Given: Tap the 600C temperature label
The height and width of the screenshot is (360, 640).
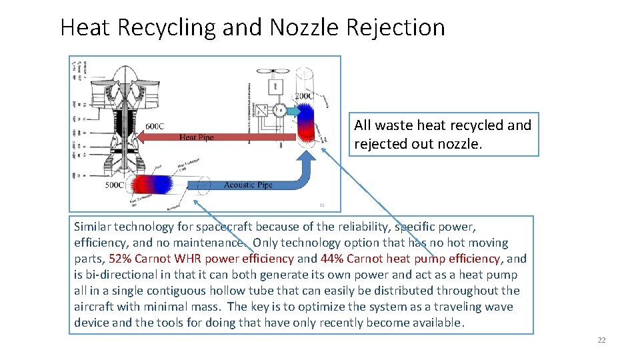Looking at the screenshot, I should [154, 127].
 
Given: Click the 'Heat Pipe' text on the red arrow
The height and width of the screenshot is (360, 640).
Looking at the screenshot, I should [197, 137].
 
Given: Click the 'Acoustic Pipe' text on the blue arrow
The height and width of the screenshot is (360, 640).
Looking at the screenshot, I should [248, 185].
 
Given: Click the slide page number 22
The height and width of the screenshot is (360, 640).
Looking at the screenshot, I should [601, 340].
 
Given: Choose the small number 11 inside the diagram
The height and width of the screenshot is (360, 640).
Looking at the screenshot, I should [321, 205].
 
